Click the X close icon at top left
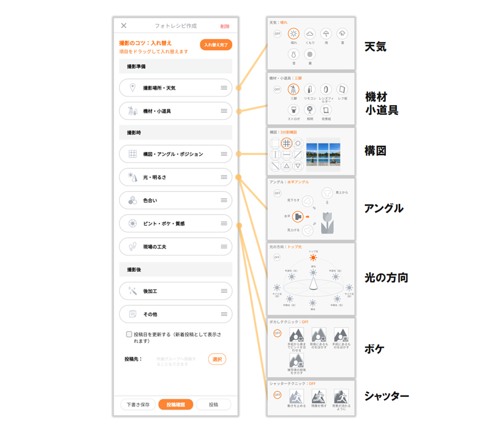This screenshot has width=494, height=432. (124, 26)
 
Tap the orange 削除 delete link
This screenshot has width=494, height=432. (225, 27)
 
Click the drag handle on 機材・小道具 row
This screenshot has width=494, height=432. (224, 111)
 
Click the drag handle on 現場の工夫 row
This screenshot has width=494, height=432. (224, 247)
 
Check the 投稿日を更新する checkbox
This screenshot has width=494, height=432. (129, 334)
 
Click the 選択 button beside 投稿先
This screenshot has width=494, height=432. (217, 359)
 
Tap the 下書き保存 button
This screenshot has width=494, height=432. (138, 405)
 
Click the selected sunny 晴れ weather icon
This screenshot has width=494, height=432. (293, 34)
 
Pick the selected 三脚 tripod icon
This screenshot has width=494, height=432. (293, 90)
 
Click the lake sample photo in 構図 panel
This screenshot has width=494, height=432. (323, 152)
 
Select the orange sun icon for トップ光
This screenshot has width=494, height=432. (313, 258)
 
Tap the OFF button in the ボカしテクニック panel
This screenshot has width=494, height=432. (277, 334)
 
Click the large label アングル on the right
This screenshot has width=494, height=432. (383, 208)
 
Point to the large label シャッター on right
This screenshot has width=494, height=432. (386, 396)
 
